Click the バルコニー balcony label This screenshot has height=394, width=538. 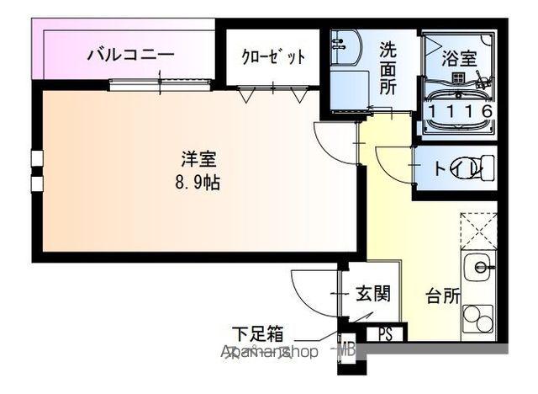[x=131, y=56]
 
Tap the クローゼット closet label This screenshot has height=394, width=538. [x=272, y=57]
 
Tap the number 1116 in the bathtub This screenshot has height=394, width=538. [x=460, y=111]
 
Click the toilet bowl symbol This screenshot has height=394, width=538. [x=467, y=168]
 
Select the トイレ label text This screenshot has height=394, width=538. [x=444, y=168]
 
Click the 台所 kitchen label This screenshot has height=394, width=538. [x=442, y=296]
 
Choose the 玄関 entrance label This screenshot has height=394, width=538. [x=372, y=294]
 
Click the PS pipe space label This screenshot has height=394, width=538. [x=385, y=334]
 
